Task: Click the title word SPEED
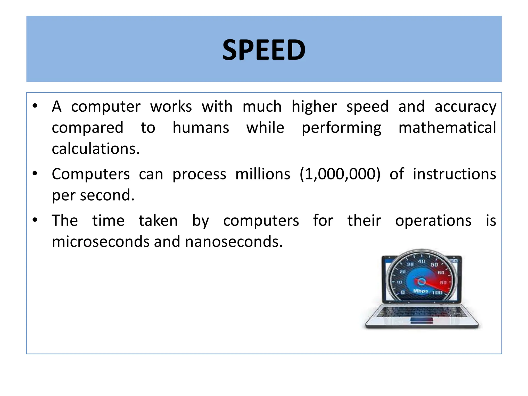[264, 50]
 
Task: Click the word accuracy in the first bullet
[465, 107]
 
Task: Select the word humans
[201, 128]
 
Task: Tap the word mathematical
[447, 128]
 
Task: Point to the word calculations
[96, 149]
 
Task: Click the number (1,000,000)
[340, 174]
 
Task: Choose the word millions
[263, 174]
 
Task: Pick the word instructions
[454, 174]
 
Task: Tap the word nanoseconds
[234, 242]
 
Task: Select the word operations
[433, 221]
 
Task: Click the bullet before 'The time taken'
[35, 220]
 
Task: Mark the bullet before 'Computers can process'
[35, 174]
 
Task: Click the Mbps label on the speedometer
[420, 291]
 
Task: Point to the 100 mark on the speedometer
[437, 293]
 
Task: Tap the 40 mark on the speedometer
[422, 261]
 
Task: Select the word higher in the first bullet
[314, 107]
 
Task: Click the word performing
[341, 128]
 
